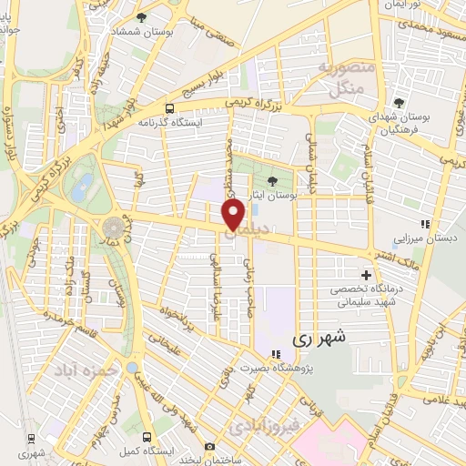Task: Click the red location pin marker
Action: click(234, 216)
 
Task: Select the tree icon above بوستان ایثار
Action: click(277, 178)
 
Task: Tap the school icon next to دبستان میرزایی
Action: click(423, 224)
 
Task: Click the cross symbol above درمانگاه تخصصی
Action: click(367, 275)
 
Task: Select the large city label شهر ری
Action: click(319, 338)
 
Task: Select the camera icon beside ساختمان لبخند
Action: click(210, 447)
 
